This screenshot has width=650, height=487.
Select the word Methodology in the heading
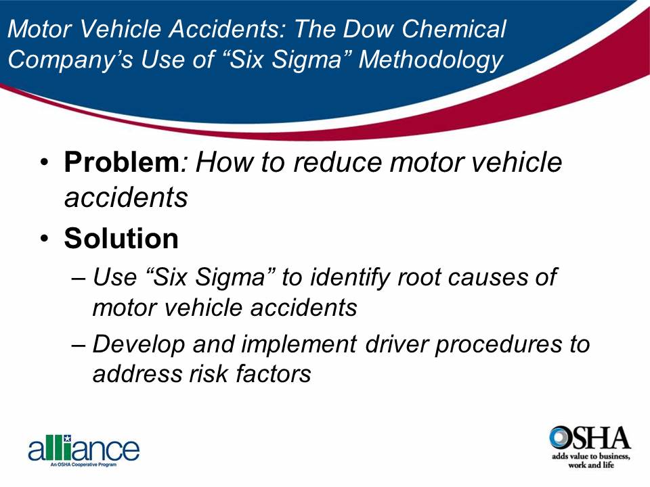click(431, 60)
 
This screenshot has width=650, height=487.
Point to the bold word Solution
click(122, 238)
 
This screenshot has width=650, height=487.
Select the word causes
click(488, 277)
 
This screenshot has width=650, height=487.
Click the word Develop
click(137, 344)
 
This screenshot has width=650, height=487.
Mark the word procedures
click(500, 344)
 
